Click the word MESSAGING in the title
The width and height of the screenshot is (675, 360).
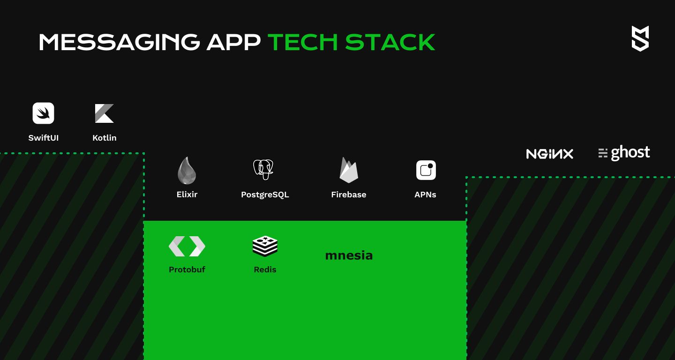click(120, 42)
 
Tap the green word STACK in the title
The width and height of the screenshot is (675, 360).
click(390, 42)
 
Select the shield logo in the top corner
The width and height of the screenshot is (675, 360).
click(640, 38)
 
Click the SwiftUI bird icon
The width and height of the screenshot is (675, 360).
click(44, 113)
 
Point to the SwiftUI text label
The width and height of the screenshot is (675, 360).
click(44, 138)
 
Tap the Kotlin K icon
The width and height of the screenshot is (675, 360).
click(104, 113)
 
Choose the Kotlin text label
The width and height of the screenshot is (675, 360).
click(104, 138)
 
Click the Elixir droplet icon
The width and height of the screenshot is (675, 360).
click(187, 170)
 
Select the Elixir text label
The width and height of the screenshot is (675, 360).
click(187, 195)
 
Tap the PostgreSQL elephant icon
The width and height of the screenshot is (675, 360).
click(263, 170)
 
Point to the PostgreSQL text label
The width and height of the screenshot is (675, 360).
click(265, 195)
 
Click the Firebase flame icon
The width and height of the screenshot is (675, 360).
click(349, 170)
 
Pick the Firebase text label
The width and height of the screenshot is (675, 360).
click(349, 195)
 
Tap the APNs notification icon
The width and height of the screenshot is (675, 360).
click(426, 170)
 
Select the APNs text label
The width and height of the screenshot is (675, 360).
click(425, 195)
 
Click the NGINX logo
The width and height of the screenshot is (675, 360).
click(550, 154)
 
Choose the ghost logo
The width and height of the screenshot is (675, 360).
click(624, 153)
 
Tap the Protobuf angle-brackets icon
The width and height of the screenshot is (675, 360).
click(187, 247)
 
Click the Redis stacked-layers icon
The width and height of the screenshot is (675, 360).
click(265, 246)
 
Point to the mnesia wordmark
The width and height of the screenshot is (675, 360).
click(349, 255)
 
